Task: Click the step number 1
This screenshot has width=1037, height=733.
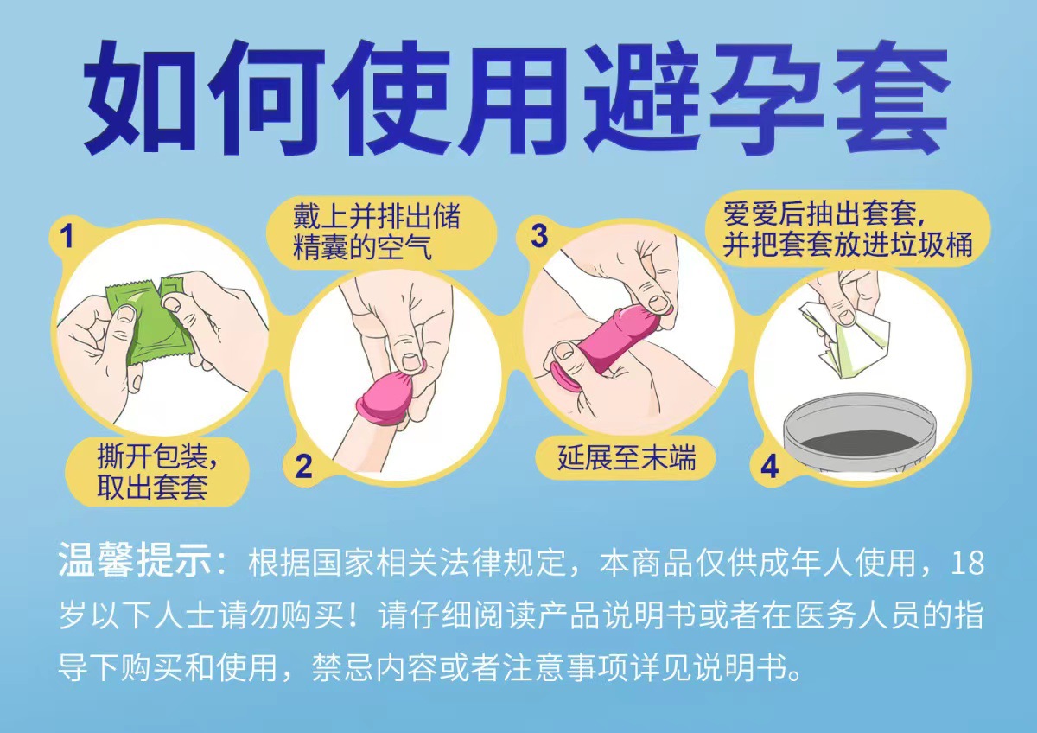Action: tap(67, 235)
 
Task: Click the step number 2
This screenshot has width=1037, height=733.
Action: tap(303, 467)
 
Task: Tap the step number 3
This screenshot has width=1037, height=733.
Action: tap(539, 235)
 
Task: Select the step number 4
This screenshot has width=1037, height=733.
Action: tap(769, 467)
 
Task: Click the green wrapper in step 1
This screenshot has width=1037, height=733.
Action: tap(151, 324)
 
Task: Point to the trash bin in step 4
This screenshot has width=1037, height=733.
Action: tap(859, 437)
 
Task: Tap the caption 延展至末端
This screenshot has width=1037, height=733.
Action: tap(627, 457)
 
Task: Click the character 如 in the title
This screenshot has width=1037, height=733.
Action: tap(145, 99)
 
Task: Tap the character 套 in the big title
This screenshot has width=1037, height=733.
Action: tap(890, 99)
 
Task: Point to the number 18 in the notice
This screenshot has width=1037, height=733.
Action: tap(966, 564)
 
